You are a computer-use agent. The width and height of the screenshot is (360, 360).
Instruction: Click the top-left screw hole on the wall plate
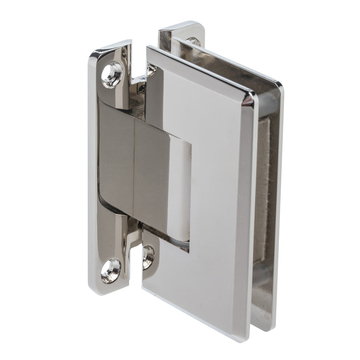(x=111, y=74)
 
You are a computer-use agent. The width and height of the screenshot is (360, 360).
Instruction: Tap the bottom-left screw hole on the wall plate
(x=111, y=271)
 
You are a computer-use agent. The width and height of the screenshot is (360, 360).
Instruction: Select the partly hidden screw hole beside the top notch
(x=151, y=69)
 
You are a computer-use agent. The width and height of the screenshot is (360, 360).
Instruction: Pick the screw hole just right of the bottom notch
(x=148, y=257)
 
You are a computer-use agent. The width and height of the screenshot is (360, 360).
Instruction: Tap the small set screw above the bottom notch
(x=140, y=226)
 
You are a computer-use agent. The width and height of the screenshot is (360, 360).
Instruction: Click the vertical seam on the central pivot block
(x=134, y=167)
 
